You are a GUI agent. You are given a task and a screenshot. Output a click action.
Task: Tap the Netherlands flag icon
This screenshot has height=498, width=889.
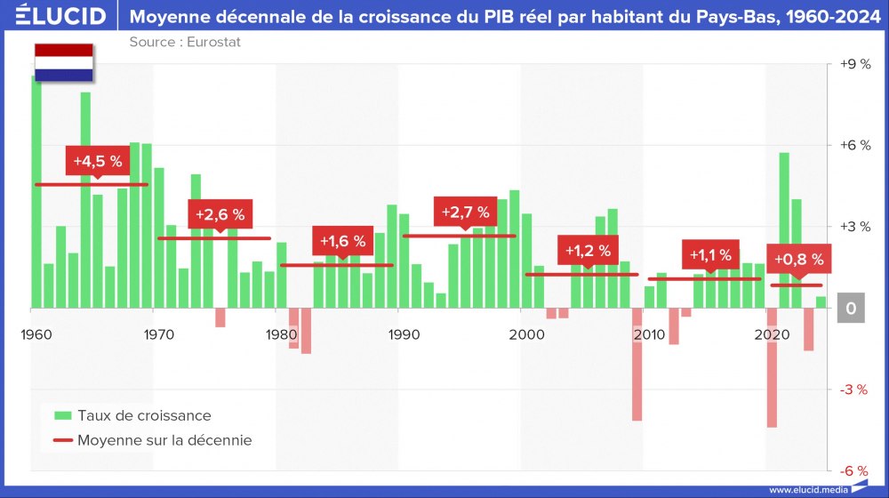click(x=63, y=62)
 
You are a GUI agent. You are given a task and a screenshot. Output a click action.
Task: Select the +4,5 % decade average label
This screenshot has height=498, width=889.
click(x=97, y=161)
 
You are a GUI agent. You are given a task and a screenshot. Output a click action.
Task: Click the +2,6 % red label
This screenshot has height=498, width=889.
click(x=220, y=214)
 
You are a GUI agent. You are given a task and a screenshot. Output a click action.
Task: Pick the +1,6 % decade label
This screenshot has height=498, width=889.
click(x=342, y=241)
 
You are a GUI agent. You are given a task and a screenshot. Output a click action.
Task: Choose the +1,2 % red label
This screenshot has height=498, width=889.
click(x=588, y=251)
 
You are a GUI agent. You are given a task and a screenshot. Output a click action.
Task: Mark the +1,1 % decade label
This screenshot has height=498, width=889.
click(x=710, y=255)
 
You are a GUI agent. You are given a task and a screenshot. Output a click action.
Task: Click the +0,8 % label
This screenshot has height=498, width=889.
click(x=798, y=260)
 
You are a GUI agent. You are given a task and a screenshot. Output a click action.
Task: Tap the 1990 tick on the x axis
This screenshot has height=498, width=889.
click(x=404, y=334)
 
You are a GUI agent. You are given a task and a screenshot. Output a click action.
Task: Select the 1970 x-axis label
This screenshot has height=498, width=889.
click(x=158, y=334)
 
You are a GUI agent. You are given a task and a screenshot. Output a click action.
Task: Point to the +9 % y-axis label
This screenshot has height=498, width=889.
click(x=854, y=64)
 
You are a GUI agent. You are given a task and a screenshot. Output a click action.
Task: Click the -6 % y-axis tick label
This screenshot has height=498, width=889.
click(x=854, y=470)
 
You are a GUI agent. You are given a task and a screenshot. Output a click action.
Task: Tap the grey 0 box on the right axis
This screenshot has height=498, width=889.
click(x=852, y=309)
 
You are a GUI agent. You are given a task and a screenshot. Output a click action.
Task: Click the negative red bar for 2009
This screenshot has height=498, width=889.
click(x=637, y=365)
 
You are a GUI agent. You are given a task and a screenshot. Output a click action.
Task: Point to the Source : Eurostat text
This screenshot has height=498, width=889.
click(x=185, y=42)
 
